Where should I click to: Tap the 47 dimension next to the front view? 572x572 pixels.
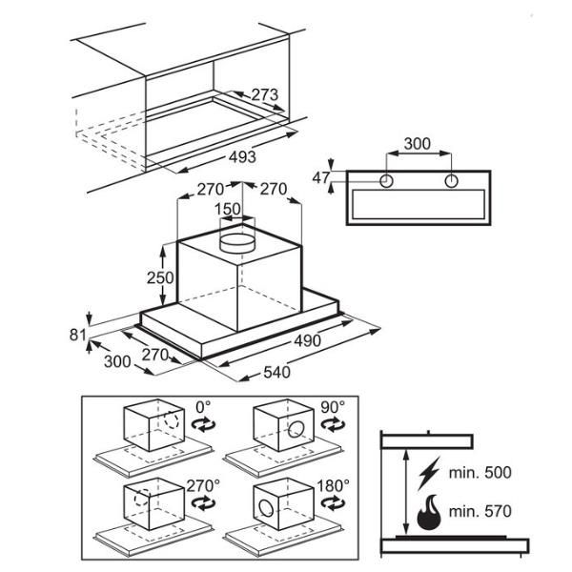click(x=320, y=177)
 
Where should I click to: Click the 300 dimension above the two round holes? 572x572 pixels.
click(x=416, y=144)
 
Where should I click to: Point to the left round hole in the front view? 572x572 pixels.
click(x=387, y=181)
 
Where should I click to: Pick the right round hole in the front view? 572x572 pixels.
click(x=449, y=181)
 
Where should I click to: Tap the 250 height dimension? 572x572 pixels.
click(x=160, y=278)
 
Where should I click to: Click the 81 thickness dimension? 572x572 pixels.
click(x=77, y=335)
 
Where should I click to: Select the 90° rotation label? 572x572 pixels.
click(x=332, y=407)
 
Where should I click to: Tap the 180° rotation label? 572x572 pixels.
click(x=334, y=485)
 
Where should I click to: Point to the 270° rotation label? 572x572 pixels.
click(x=203, y=485)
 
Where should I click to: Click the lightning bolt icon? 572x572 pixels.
click(x=428, y=472)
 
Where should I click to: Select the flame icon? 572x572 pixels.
click(x=428, y=512)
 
